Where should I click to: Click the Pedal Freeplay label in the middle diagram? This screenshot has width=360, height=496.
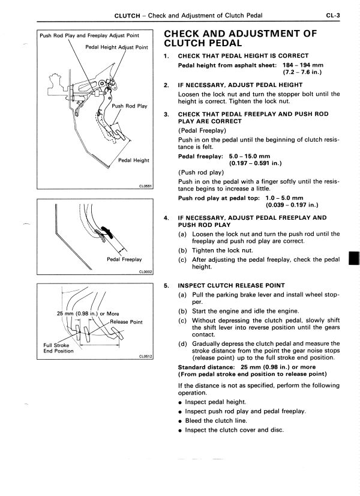pyautogui.click(x=124, y=259)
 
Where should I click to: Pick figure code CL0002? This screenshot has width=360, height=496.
pyautogui.click(x=147, y=272)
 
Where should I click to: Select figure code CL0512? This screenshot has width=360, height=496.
pyautogui.click(x=147, y=356)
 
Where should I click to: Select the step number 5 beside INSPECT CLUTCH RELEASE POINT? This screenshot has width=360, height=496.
pyautogui.click(x=166, y=285)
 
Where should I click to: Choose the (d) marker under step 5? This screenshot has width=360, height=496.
pyautogui.click(x=182, y=343)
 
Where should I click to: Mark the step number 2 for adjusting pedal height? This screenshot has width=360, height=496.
pyautogui.click(x=166, y=85)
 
